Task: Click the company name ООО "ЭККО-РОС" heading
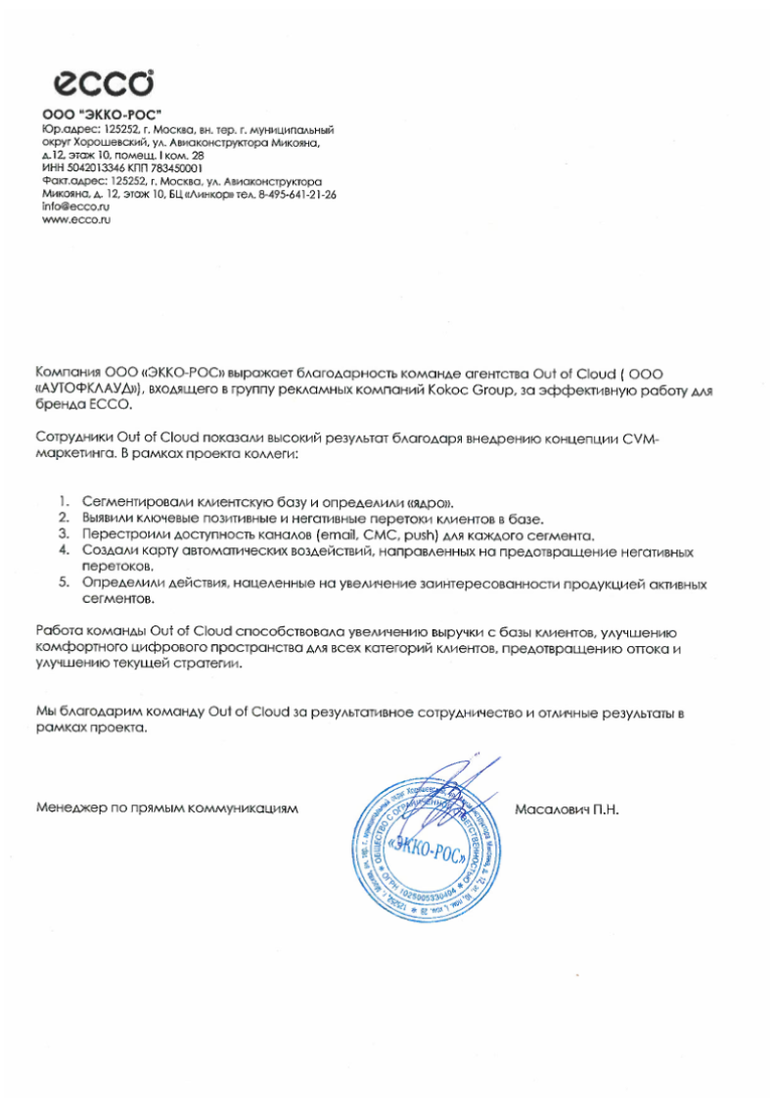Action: coord(101,115)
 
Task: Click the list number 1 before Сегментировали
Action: coord(63,500)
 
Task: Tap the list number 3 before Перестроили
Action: coord(63,534)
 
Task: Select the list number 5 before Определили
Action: coord(63,583)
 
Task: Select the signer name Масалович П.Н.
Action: coord(568,809)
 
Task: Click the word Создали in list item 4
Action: coord(114,552)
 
